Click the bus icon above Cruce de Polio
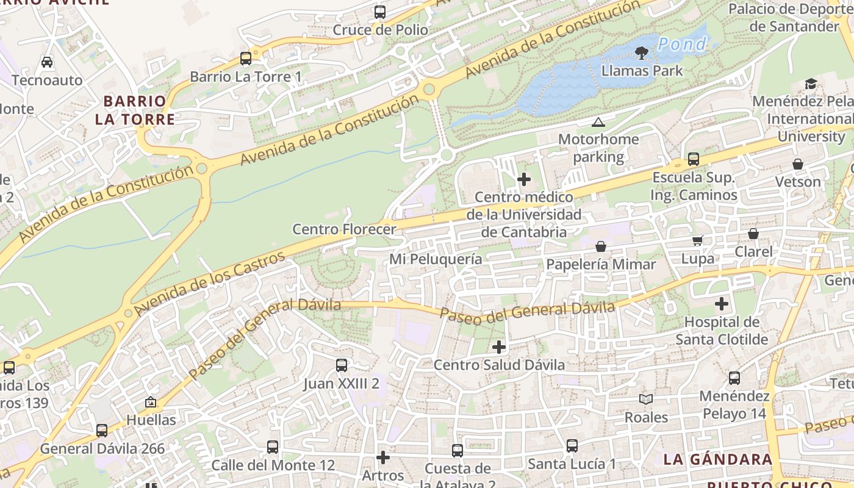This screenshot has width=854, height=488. click(380, 12)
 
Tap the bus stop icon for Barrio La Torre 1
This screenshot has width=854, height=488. click(246, 59)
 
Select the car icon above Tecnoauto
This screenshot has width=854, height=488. click(47, 62)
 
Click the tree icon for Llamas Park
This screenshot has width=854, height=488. click(642, 53)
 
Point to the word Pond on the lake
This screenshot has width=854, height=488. click(682, 44)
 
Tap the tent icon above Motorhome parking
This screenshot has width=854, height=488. click(598, 122)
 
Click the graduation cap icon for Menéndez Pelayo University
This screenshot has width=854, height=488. click(811, 84)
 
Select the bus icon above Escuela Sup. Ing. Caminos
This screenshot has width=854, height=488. click(694, 159)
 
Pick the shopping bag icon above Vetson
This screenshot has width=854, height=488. click(798, 164)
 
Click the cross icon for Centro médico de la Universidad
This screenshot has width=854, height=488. click(523, 179)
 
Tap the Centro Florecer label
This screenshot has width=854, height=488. click(344, 229)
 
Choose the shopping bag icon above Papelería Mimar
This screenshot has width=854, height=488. click(601, 246)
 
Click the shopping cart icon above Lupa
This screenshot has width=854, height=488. click(697, 240)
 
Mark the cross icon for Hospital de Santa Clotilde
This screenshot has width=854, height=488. click(722, 303)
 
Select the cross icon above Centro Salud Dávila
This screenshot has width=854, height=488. click(499, 347)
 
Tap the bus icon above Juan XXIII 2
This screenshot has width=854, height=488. click(342, 365)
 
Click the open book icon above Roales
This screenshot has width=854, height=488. click(646, 399)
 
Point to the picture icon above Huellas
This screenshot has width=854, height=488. click(151, 402)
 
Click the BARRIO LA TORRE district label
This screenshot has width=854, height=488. click(135, 110)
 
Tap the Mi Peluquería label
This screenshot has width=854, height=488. click(436, 259)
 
